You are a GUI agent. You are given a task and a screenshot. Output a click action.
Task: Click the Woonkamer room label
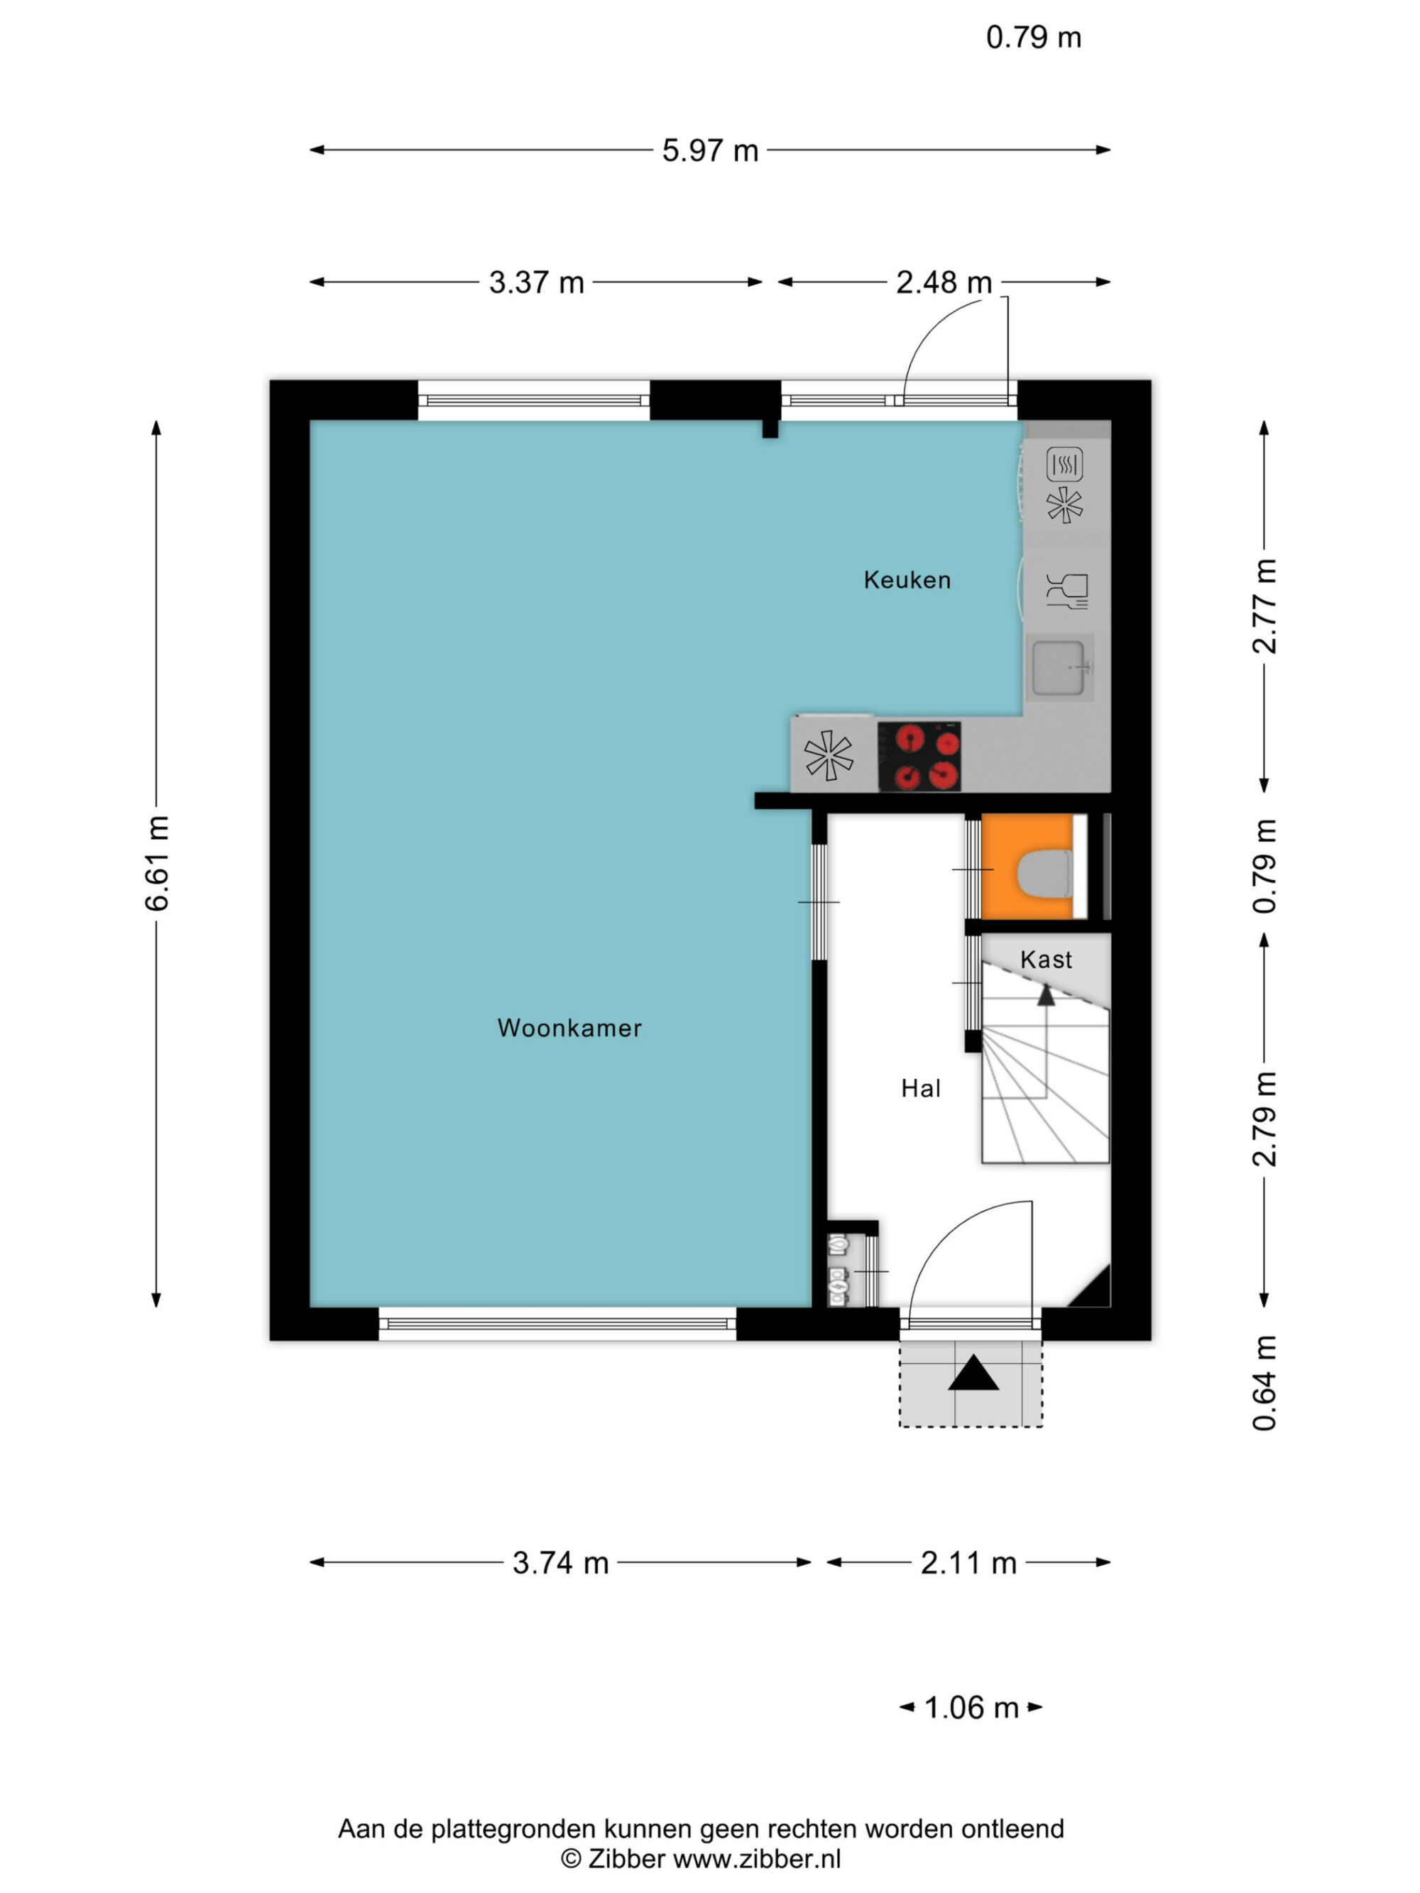point(569,1028)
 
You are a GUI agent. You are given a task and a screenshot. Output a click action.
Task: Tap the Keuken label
point(907,580)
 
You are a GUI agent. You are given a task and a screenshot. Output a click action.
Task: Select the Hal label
point(921,1089)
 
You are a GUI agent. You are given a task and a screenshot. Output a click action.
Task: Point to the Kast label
point(1046,960)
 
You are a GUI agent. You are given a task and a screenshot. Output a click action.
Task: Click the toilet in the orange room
point(1044,874)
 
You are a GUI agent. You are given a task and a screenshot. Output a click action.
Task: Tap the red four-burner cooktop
point(919,757)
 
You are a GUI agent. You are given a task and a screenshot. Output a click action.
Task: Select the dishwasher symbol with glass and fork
point(1066,591)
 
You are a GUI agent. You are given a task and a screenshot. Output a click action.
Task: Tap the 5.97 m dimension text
point(711,150)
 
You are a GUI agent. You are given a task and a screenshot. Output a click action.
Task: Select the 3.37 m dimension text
point(537,282)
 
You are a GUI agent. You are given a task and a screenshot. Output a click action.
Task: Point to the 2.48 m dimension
point(944,282)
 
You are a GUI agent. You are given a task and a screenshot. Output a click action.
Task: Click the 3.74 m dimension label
point(561,1564)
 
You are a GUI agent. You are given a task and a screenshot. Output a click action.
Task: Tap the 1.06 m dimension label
point(971,1707)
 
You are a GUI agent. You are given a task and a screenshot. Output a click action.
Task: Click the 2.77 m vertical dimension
point(1265,607)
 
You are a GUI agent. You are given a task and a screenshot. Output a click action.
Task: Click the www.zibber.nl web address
point(758,1858)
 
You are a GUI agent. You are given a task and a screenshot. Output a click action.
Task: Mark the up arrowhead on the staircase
point(1046,994)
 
